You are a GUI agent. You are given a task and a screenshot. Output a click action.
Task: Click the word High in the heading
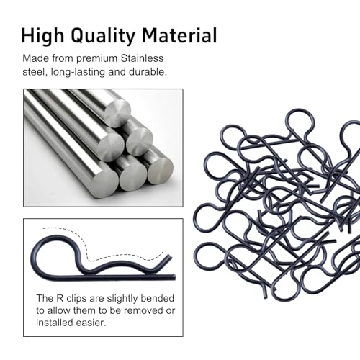pyautogui.click(x=42, y=36)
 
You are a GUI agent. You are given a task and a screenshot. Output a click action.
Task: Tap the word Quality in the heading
pyautogui.click(x=103, y=36)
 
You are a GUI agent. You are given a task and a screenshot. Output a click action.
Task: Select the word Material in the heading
pyautogui.click(x=179, y=35)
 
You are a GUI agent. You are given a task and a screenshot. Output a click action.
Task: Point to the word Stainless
pyautogui.click(x=142, y=58)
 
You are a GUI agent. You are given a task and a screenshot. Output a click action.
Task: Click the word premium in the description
pyautogui.click(x=96, y=59)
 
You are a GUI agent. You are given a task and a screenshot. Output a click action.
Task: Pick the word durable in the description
pyautogui.click(x=148, y=72)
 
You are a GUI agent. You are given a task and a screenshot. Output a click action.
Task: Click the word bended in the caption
pyautogui.click(x=157, y=298)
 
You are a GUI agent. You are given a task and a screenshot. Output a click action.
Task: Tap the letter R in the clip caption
pyautogui.click(x=60, y=298)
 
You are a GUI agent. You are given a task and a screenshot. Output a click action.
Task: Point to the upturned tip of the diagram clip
pyautogui.click(x=170, y=257)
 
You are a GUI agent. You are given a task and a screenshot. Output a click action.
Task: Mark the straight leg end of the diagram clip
pyautogui.click(x=174, y=278)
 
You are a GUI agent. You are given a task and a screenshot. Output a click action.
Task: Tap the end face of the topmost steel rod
pyautogui.click(x=117, y=113)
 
